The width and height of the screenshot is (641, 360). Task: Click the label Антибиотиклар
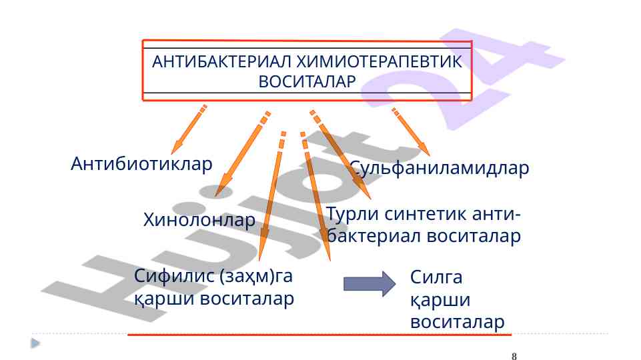click(x=141, y=163)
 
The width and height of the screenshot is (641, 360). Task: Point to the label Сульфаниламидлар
click(x=440, y=169)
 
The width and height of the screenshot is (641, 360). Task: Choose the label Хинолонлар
click(x=199, y=219)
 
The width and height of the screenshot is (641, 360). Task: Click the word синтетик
click(x=426, y=215)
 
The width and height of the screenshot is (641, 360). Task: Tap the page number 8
click(x=514, y=357)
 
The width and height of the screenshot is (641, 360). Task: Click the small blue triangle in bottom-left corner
click(x=35, y=343)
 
